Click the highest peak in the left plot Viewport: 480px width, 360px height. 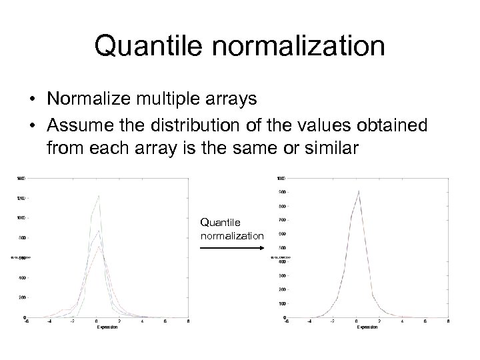click(99, 196)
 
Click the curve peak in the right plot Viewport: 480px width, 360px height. click(359, 191)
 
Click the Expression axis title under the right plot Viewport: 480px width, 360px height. click(366, 327)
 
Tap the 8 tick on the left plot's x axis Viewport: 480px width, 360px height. click(188, 321)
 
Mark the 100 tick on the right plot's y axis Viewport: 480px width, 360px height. click(281, 303)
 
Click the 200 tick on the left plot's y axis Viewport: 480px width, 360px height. click(23, 297)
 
